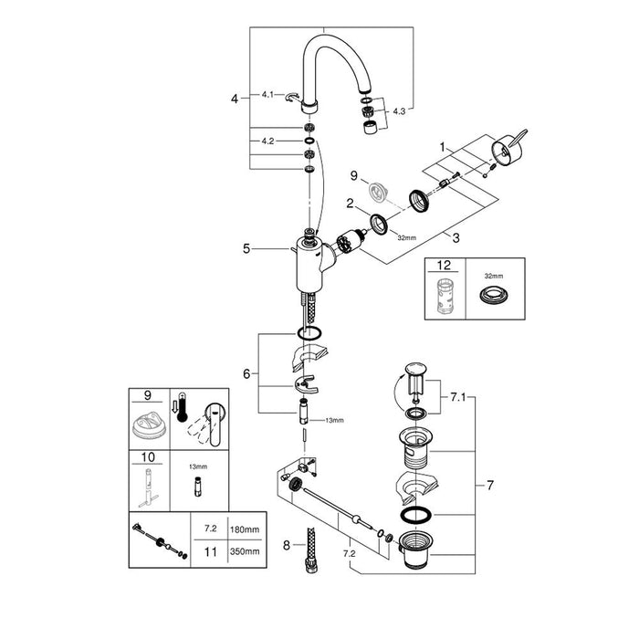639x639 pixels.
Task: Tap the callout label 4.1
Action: tap(268, 94)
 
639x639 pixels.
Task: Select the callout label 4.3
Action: tap(400, 111)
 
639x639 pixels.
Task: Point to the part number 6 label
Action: tap(245, 373)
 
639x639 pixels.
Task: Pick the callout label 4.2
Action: tap(268, 141)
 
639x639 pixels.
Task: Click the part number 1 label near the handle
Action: tap(445, 146)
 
